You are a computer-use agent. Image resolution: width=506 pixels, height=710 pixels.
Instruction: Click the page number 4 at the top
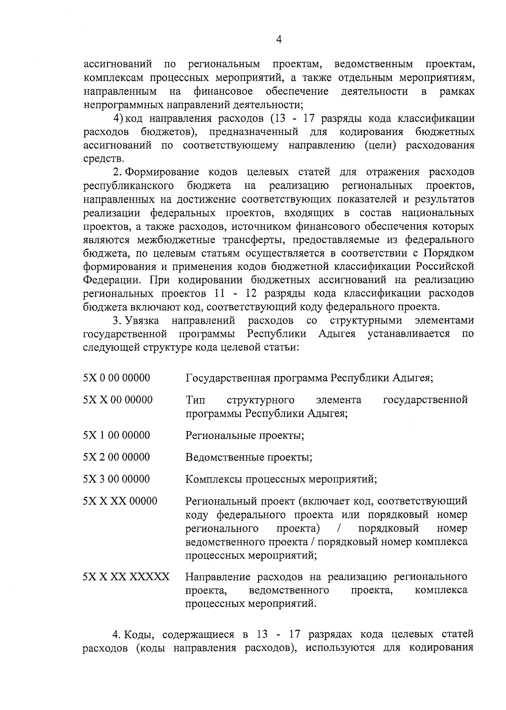[x=278, y=39]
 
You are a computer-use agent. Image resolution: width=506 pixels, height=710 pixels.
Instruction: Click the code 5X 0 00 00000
[x=117, y=378]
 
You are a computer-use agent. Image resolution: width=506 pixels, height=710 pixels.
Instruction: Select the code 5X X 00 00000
[x=118, y=399]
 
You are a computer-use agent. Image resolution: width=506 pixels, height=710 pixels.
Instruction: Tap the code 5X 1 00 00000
[x=117, y=435]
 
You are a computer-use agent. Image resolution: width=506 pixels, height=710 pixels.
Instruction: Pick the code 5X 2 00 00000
[x=117, y=457]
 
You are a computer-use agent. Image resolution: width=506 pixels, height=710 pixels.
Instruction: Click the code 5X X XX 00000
[x=120, y=501]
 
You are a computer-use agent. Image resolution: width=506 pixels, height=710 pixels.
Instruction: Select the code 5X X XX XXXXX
[x=126, y=576]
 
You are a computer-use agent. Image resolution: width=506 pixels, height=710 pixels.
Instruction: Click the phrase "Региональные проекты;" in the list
[x=245, y=435]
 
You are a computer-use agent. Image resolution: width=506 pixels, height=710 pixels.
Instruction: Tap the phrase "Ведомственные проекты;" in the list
[x=249, y=457]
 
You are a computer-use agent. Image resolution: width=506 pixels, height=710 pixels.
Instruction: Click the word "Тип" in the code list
[x=195, y=399]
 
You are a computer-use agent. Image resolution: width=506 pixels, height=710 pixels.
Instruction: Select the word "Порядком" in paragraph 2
[x=449, y=253]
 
